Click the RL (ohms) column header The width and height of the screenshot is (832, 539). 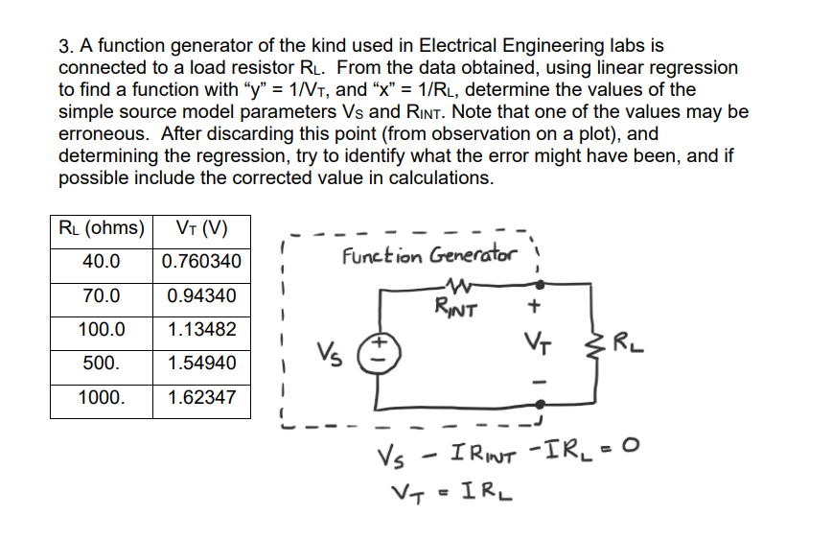(x=101, y=228)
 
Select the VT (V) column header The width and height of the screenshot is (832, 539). (x=201, y=228)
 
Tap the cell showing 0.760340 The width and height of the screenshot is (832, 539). (x=201, y=262)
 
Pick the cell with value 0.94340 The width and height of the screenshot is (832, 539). (x=201, y=295)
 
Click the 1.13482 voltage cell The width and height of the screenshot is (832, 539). (x=201, y=329)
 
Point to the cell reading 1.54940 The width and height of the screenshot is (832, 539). (x=201, y=363)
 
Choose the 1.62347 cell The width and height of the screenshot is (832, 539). (x=201, y=397)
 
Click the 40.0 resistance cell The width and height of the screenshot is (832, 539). (x=101, y=262)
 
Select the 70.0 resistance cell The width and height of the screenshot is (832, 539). (x=101, y=295)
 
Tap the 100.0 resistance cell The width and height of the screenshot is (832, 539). (x=101, y=329)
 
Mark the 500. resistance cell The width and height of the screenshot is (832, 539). (x=101, y=363)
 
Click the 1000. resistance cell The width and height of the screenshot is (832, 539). (x=101, y=397)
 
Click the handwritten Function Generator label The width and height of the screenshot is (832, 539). (x=428, y=256)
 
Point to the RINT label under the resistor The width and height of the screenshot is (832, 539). (x=455, y=309)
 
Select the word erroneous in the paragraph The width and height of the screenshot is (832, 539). (x=103, y=133)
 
